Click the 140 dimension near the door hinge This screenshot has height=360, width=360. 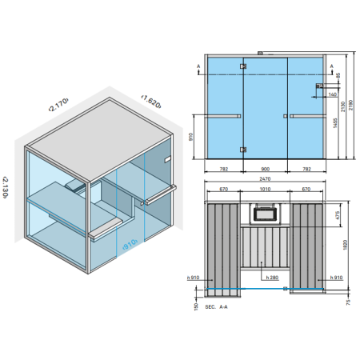[330, 94]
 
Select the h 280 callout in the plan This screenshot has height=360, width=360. [269, 278]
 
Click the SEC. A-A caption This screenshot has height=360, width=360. [217, 306]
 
